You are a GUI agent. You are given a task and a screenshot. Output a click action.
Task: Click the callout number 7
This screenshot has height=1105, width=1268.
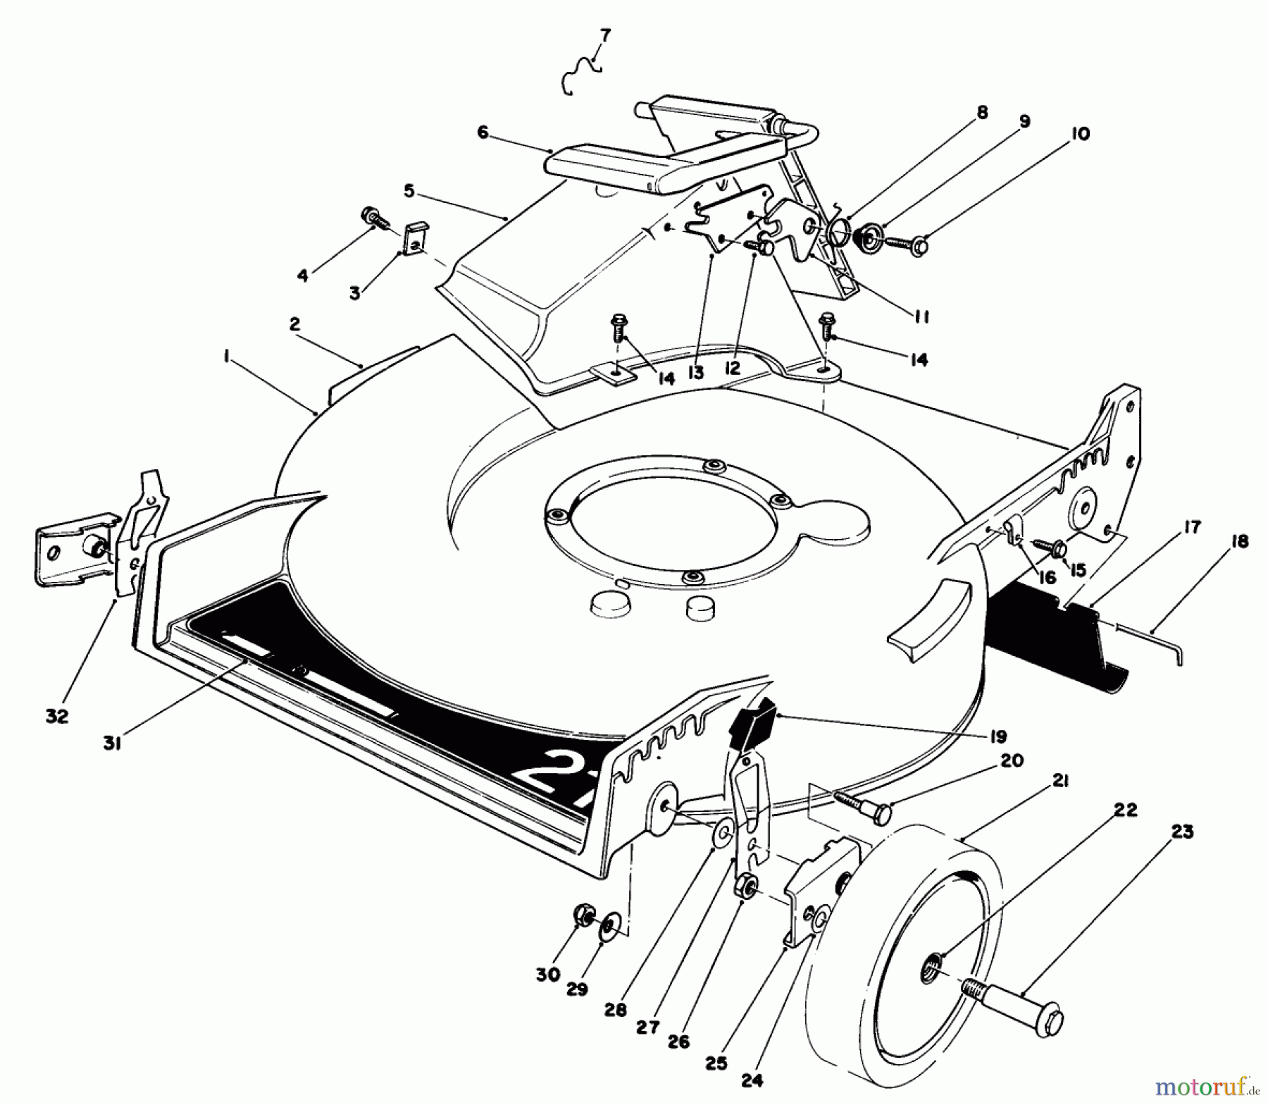pyautogui.click(x=606, y=35)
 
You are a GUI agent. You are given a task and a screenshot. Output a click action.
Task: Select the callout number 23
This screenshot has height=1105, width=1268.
pyautogui.click(x=1182, y=832)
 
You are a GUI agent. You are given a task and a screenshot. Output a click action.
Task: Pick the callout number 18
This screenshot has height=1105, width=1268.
pyautogui.click(x=1240, y=542)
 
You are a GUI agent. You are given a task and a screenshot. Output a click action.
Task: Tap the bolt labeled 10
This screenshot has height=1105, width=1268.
pyautogui.click(x=909, y=246)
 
